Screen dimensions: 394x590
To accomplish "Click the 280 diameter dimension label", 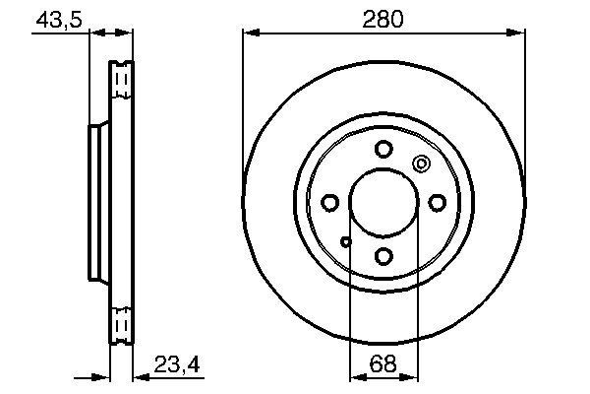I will point(383,19).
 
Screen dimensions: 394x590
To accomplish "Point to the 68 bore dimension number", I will point(383,364).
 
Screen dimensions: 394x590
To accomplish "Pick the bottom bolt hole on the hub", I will point(383,256).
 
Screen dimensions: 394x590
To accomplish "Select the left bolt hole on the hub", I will point(329,203).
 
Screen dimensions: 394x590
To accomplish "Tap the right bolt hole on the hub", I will point(436,203).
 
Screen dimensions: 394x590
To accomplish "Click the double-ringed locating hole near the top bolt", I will point(421,164).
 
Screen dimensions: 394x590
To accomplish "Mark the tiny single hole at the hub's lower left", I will point(345,241).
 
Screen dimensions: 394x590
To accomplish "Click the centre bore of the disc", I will point(383,203).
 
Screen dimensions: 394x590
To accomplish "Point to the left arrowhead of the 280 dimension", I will point(249,34).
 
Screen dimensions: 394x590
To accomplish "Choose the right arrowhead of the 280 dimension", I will point(516,34).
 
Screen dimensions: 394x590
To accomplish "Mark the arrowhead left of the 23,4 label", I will point(138,375).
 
